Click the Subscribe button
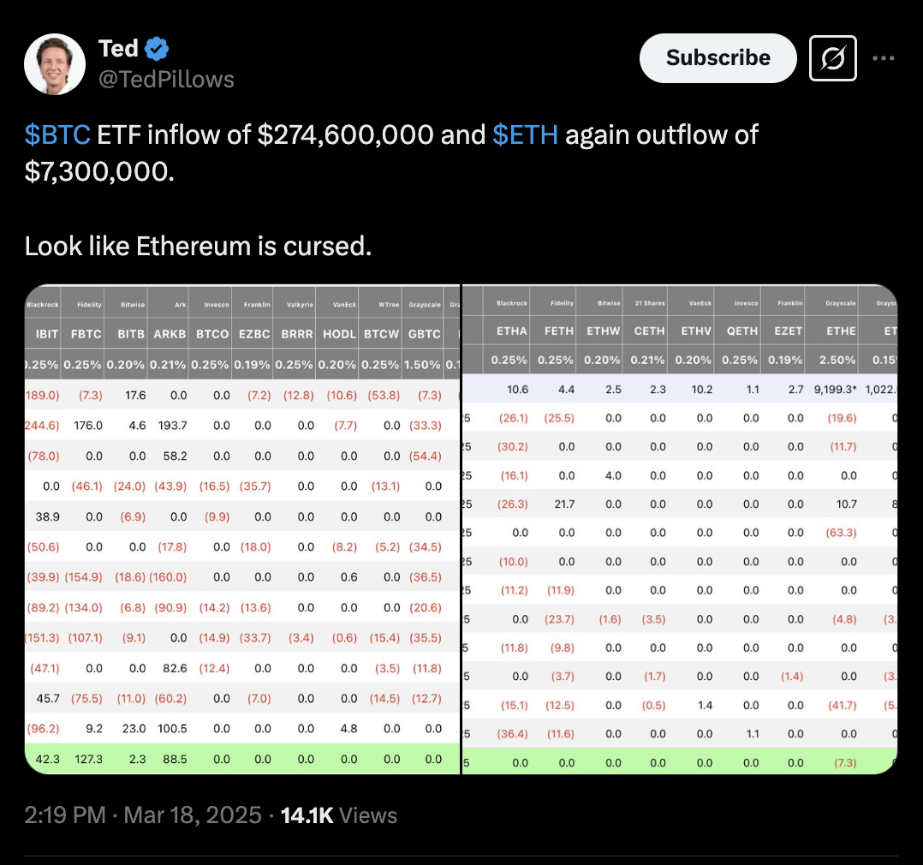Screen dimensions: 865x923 [x=718, y=58]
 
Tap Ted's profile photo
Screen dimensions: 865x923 [x=55, y=65]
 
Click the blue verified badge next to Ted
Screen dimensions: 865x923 [x=157, y=50]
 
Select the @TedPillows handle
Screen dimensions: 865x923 [x=166, y=80]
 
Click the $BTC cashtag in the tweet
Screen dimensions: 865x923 [x=57, y=134]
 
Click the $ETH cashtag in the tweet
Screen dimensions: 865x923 [x=525, y=134]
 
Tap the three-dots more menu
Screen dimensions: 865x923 [x=884, y=58]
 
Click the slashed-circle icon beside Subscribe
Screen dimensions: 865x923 [x=833, y=58]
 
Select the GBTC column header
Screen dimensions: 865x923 [x=425, y=333]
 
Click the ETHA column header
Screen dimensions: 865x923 [x=511, y=331]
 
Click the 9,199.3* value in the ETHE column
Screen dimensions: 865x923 [x=833, y=389]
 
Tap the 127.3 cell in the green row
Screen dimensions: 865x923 [x=88, y=759]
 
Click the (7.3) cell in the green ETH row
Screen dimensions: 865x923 [x=844, y=762]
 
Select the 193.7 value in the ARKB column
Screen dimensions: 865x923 [x=172, y=425]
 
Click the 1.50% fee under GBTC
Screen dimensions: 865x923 [x=424, y=365]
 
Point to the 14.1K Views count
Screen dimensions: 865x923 [x=338, y=815]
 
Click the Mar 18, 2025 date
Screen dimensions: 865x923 [x=193, y=815]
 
